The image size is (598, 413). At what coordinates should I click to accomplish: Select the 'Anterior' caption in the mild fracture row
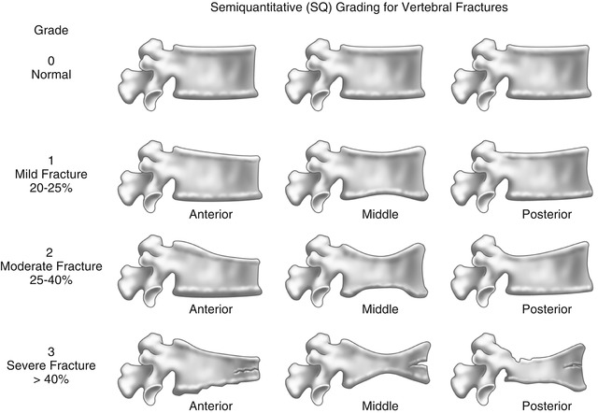[x=210, y=213]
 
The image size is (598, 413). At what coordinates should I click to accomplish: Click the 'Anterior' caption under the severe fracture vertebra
[x=210, y=406]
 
